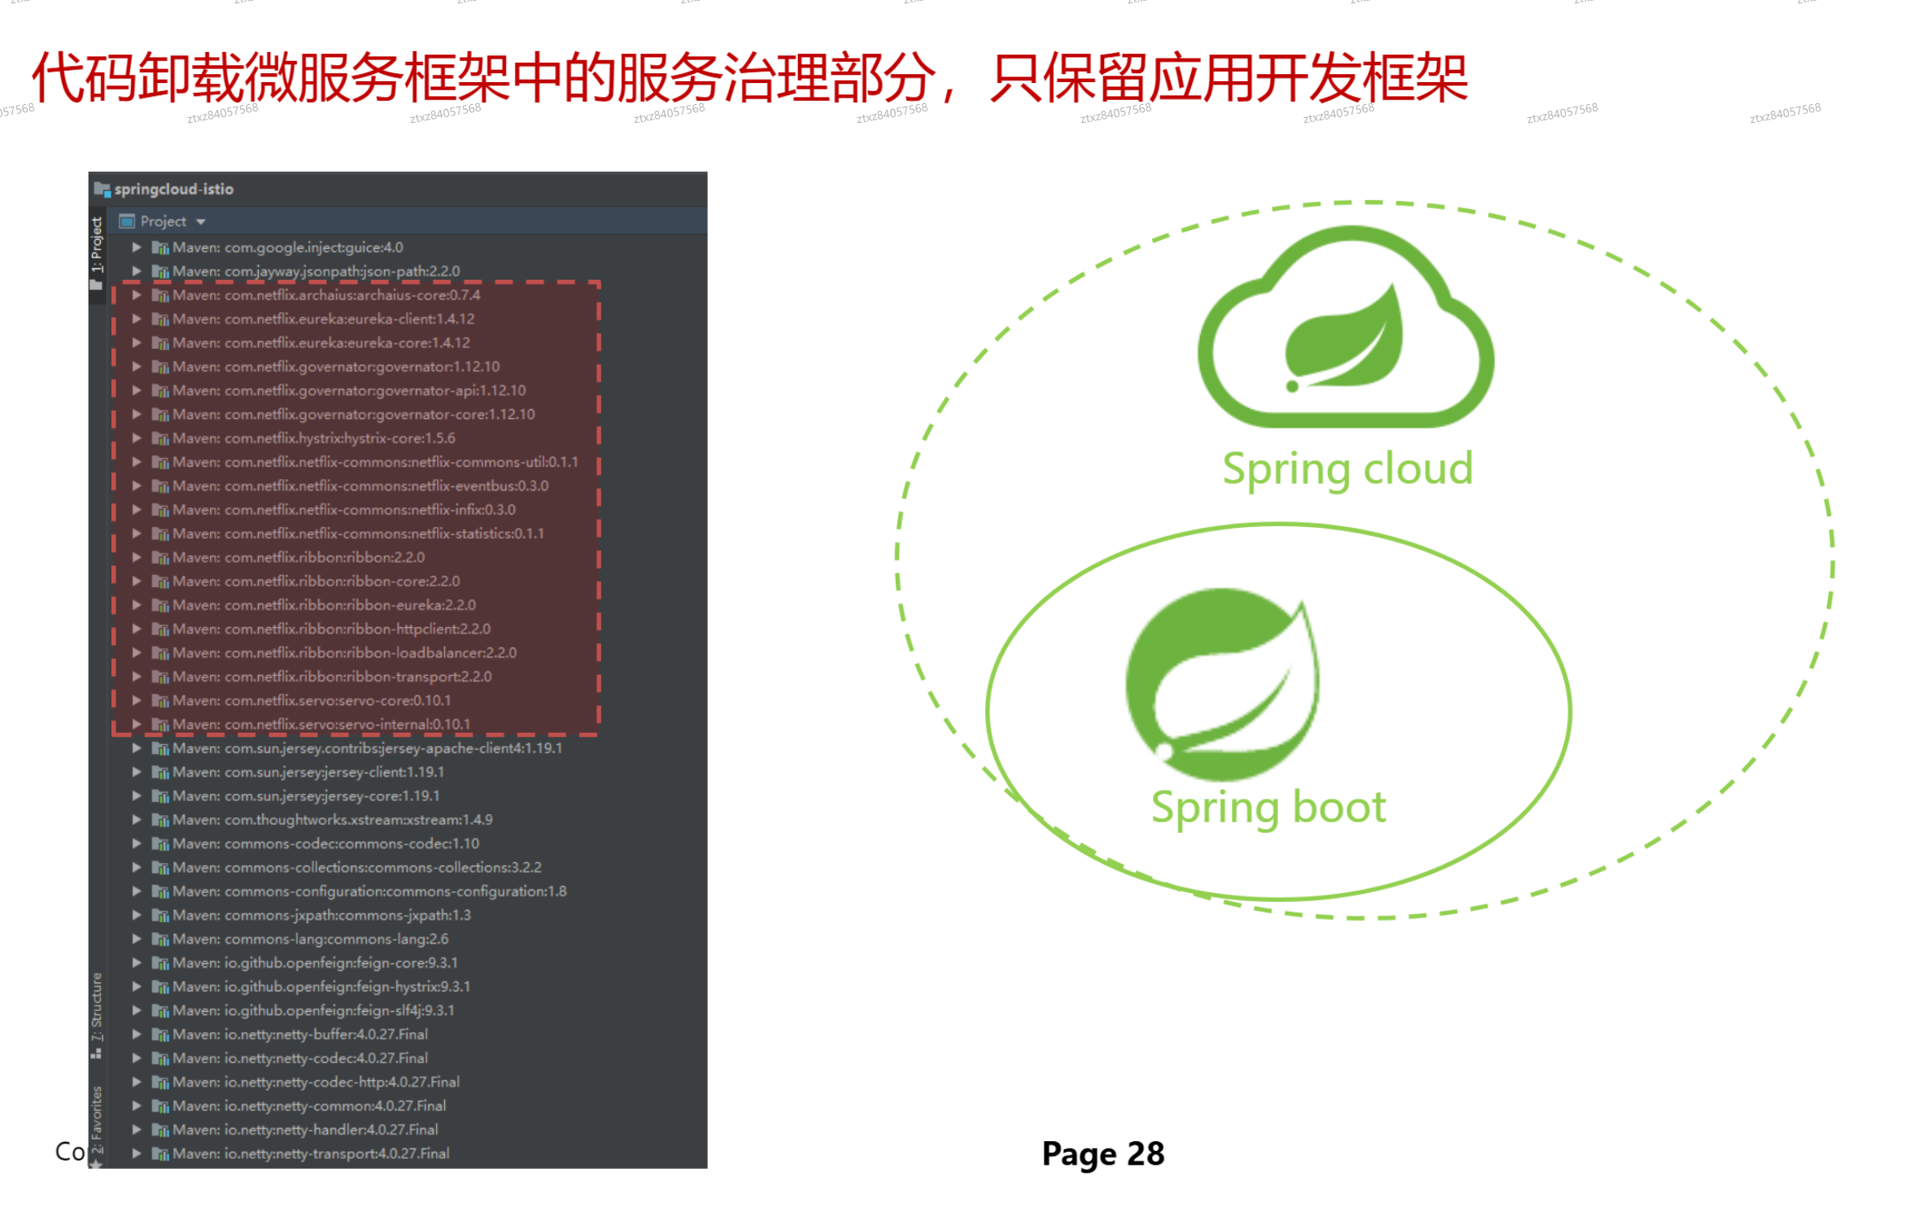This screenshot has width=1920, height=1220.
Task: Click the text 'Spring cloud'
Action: coord(1347,469)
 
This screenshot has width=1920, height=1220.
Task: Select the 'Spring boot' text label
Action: coord(1268,808)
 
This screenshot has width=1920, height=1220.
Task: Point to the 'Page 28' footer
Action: coord(1102,1154)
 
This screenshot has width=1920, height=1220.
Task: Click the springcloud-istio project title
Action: coord(173,190)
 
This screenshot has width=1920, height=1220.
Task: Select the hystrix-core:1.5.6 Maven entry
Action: coord(313,438)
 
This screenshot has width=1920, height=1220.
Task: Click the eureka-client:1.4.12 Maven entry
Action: coord(323,319)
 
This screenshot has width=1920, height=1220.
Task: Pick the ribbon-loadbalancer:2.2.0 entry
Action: coord(344,653)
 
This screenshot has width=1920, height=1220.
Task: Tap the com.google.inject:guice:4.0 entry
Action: coord(287,247)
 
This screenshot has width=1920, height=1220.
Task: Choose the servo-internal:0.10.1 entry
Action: coord(321,725)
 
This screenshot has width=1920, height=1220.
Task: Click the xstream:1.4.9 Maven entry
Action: coord(332,820)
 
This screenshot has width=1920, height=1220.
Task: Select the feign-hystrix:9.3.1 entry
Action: coord(321,987)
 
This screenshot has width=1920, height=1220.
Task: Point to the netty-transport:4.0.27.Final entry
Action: coord(310,1154)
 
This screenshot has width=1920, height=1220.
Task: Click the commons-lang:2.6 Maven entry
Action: coord(310,939)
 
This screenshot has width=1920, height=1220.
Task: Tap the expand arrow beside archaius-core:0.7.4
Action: coord(137,295)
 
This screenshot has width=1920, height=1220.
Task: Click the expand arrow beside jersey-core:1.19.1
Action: coord(137,796)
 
